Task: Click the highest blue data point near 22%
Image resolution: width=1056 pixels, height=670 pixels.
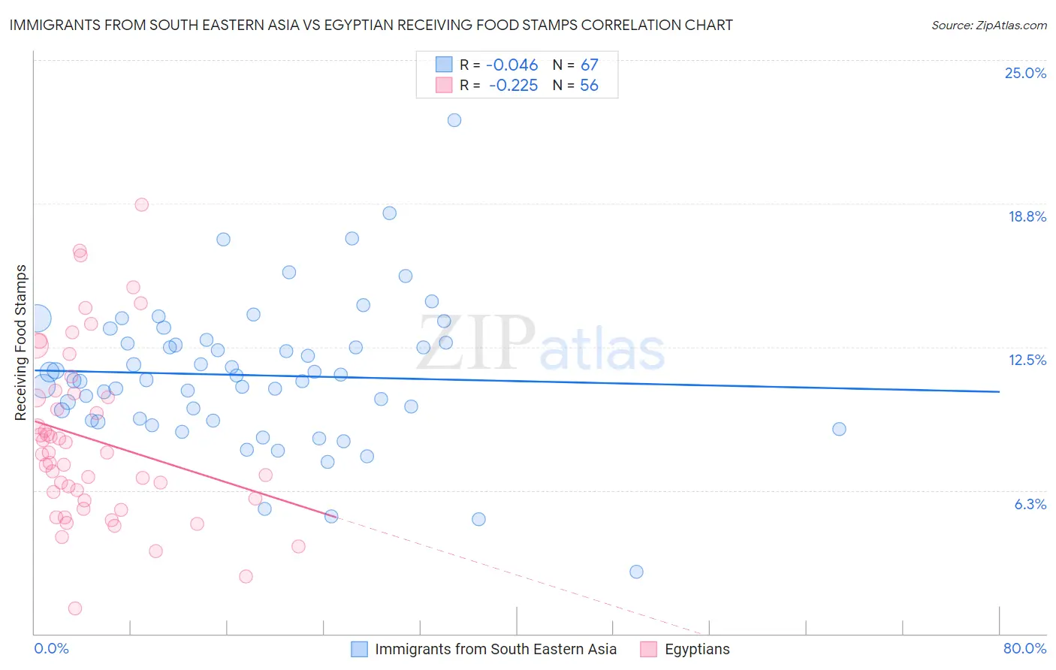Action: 454,120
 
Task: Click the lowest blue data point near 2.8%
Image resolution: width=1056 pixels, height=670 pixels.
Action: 636,572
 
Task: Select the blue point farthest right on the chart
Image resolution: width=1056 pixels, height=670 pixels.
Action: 839,429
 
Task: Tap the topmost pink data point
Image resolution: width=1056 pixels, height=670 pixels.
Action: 141,204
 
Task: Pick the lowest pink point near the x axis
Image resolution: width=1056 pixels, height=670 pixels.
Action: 75,608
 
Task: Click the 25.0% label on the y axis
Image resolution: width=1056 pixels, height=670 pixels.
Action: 1025,73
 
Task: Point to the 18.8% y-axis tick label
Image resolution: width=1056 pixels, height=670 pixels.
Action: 1027,216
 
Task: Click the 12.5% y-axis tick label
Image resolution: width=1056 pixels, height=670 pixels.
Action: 1027,360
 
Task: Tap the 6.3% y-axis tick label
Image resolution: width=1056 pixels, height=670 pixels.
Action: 1030,504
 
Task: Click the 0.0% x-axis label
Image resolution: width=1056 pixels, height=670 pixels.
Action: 51,648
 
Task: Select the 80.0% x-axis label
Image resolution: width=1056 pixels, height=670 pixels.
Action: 1024,648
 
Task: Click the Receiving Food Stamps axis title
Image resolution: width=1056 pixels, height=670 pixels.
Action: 21,343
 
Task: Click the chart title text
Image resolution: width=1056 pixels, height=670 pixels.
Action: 371,25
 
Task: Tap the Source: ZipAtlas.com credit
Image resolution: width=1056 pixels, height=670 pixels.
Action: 988,25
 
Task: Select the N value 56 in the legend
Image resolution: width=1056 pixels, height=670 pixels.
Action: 589,86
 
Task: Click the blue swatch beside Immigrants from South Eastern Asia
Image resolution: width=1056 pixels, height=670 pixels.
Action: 360,649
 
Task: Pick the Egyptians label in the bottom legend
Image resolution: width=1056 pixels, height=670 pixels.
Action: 697,649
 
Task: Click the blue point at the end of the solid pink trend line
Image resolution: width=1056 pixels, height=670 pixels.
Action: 330,516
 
